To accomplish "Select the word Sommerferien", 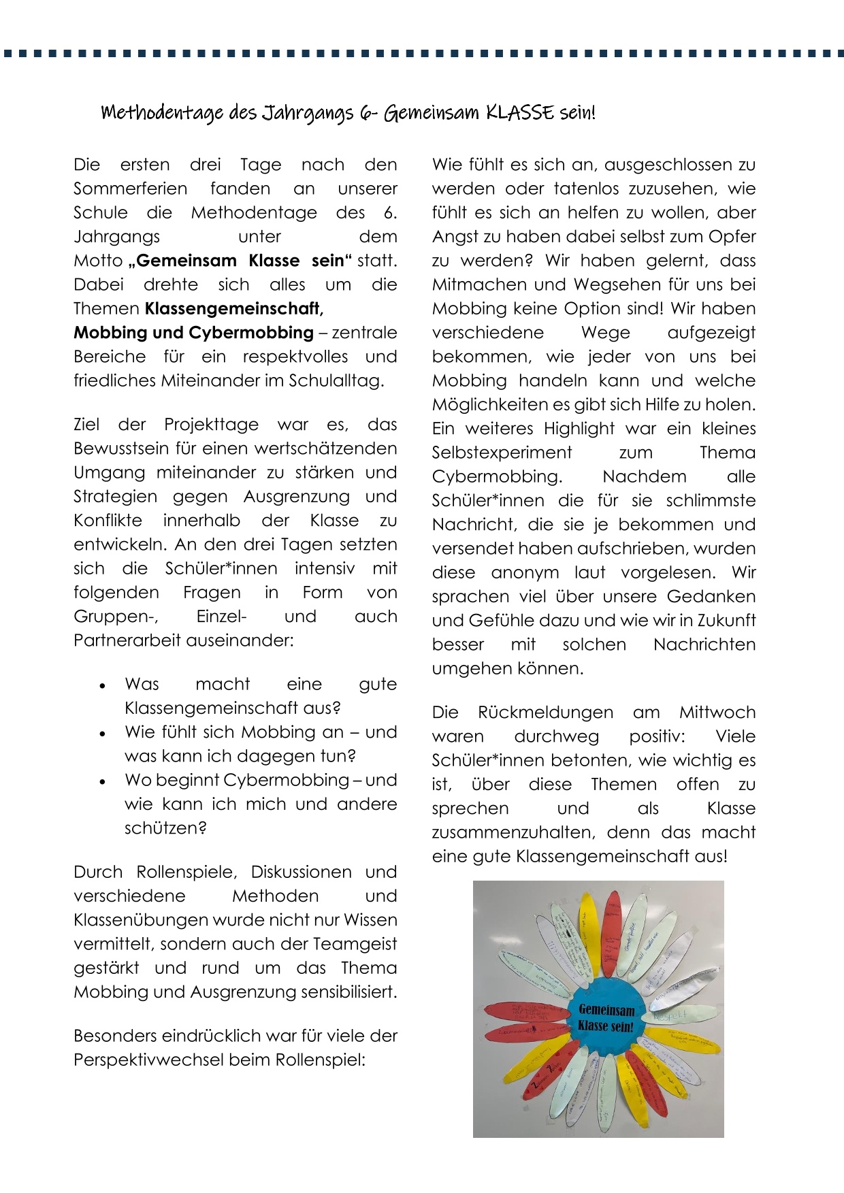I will [x=130, y=189].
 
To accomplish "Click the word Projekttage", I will [x=211, y=425].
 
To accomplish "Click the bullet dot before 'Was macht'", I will [x=103, y=685].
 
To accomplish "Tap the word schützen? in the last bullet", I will [x=165, y=828].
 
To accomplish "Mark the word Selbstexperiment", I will [x=502, y=453].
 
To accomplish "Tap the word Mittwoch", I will [x=717, y=713].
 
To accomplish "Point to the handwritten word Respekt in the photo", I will [x=671, y=1016].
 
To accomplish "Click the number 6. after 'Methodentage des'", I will [x=390, y=213].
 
